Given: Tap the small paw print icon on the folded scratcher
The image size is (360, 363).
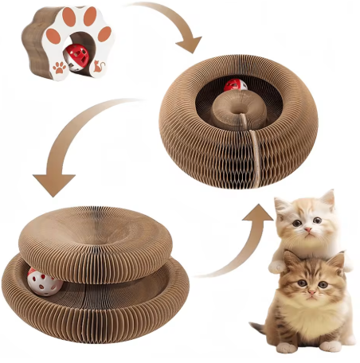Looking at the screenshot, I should click(x=59, y=68).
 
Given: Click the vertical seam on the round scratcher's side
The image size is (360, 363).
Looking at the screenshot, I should click(x=253, y=159).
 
